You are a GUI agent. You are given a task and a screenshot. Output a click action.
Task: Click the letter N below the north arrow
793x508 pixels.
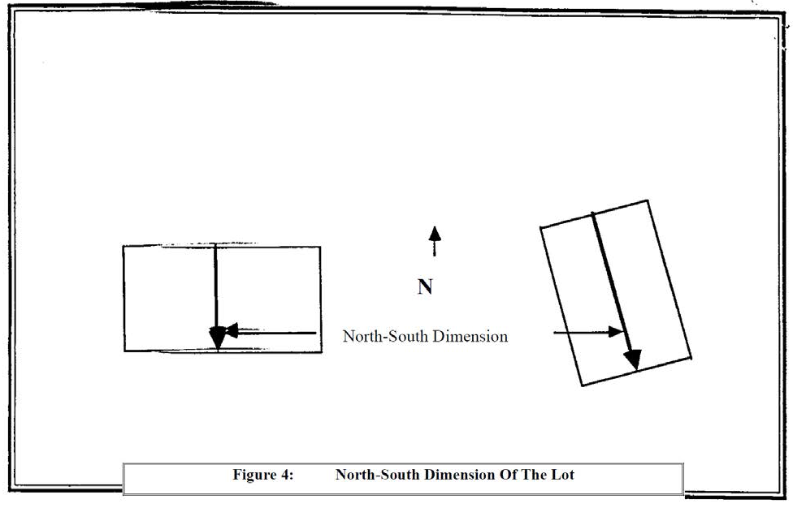pyautogui.click(x=424, y=286)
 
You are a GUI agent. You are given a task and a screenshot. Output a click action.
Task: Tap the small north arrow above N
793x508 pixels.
pyautogui.click(x=435, y=241)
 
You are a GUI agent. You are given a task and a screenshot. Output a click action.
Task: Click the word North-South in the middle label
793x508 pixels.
pyautogui.click(x=382, y=336)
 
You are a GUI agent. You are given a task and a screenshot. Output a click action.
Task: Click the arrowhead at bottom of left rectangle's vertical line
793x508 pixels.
pyautogui.click(x=217, y=337)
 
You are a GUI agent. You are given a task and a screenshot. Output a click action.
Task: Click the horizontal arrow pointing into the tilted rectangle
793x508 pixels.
pyautogui.click(x=587, y=332)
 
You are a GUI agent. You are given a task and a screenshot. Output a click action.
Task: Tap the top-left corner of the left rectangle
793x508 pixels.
pyautogui.click(x=123, y=246)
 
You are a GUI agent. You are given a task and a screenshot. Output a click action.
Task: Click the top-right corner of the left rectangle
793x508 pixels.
pyautogui.click(x=320, y=247)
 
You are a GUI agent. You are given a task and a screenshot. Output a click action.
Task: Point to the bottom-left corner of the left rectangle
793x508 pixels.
pyautogui.click(x=124, y=351)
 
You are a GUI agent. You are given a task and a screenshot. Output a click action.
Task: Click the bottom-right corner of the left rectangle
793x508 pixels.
pyautogui.click(x=320, y=351)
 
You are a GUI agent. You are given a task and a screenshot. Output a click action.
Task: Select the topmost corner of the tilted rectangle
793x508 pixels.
pyautogui.click(x=648, y=200)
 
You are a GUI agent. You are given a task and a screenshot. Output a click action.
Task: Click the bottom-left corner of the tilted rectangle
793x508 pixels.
pyautogui.click(x=582, y=385)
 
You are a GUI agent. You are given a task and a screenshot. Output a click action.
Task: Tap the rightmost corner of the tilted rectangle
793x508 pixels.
pyautogui.click(x=691, y=356)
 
